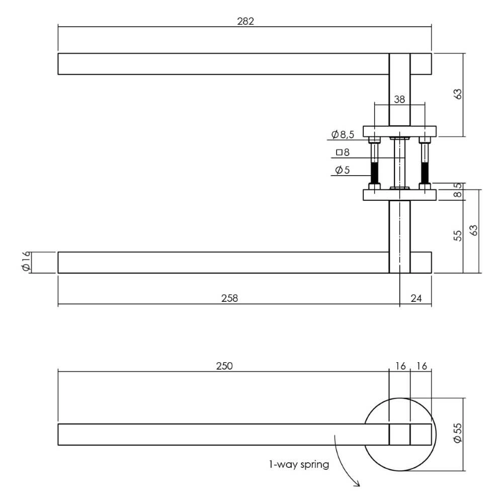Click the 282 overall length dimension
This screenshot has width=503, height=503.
(244, 21)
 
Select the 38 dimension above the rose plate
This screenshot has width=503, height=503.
(399, 99)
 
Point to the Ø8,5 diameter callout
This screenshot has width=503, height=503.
(343, 134)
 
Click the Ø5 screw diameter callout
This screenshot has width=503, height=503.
(342, 170)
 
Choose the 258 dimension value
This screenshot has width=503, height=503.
(229, 298)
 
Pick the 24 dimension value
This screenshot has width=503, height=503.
(416, 298)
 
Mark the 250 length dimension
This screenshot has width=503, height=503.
(224, 366)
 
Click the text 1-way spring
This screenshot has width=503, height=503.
(299, 465)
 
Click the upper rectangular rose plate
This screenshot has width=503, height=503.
(400, 131)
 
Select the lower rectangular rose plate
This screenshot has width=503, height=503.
(400, 195)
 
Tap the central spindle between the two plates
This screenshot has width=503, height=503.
(400, 161)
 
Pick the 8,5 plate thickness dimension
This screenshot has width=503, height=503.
(457, 192)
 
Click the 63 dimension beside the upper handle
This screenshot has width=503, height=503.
(457, 94)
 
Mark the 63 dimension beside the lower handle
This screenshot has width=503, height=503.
(473, 230)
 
